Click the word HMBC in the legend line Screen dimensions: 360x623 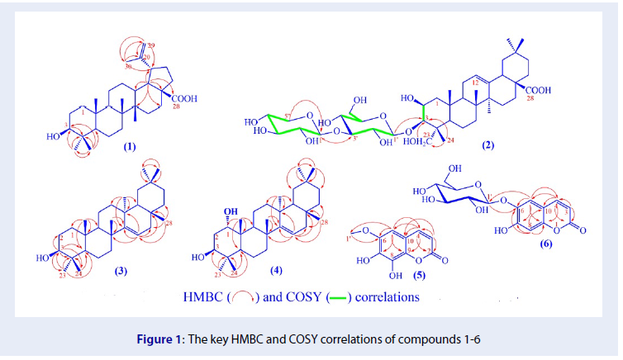click(x=204, y=295)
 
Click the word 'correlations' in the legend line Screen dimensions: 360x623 click(x=388, y=295)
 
